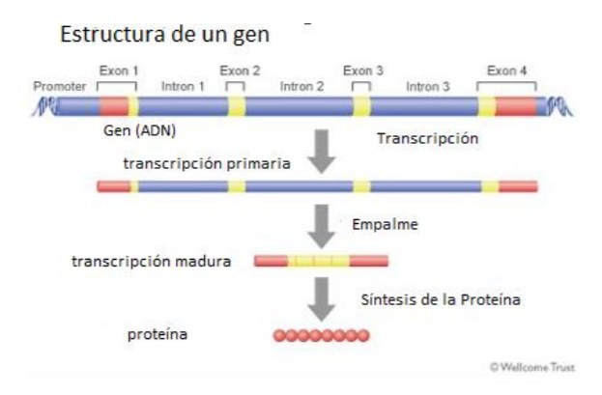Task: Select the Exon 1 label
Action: (119, 71)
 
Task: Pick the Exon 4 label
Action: (506, 71)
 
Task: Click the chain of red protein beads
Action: (321, 336)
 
